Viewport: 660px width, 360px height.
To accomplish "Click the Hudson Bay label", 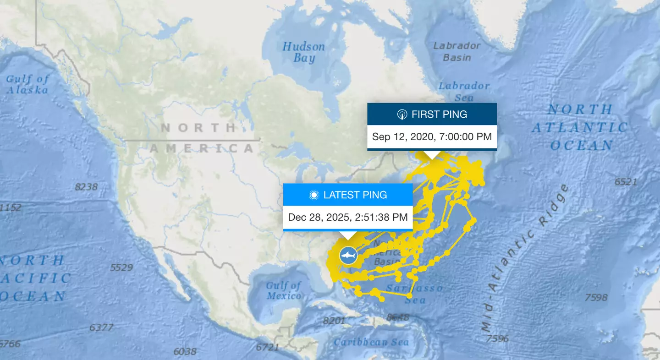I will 303,52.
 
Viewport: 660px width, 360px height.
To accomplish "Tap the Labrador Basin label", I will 456,51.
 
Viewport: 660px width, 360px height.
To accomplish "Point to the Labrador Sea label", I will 464,91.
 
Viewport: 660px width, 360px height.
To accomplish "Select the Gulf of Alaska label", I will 27,84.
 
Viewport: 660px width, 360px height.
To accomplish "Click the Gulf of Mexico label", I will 284,290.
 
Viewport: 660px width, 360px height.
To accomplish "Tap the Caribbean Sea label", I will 371,342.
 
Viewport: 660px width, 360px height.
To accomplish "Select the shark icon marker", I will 348,255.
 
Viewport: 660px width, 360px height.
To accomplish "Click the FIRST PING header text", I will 439,115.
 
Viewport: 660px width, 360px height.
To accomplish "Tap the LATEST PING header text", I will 355,195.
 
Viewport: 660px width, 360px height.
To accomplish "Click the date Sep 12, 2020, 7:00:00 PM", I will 432,136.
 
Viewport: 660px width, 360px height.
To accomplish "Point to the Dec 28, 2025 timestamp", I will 348,217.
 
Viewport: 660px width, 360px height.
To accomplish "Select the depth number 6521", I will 626,182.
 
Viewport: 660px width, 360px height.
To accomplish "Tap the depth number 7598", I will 596,298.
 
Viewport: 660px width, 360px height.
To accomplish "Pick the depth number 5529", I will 121,267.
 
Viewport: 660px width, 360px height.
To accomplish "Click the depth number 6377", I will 101,327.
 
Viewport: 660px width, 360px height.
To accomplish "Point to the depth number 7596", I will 497,338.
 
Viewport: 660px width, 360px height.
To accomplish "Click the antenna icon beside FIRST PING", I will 402,115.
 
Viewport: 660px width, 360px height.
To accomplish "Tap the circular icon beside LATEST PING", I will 314,195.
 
